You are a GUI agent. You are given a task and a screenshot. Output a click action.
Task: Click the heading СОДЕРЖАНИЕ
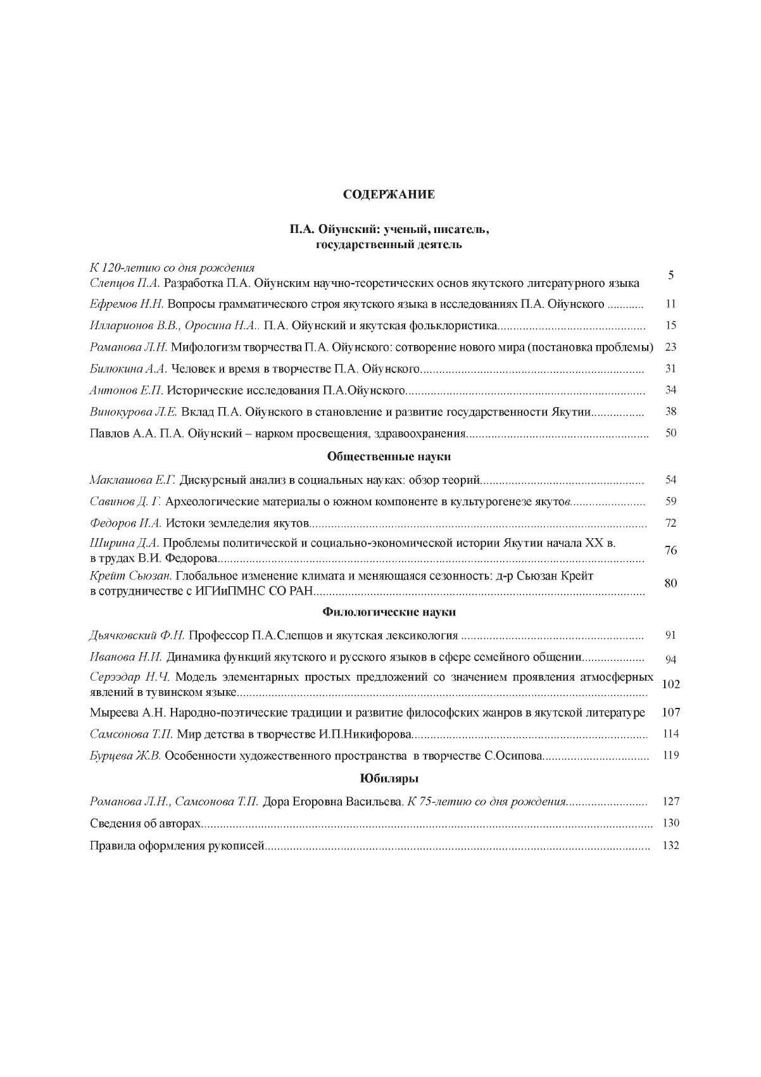389,194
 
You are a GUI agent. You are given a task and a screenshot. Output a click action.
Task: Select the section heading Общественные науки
389,457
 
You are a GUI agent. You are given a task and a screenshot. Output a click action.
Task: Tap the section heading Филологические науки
389,612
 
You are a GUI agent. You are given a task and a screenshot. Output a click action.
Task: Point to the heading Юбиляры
389,779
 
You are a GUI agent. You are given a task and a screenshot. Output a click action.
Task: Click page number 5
671,275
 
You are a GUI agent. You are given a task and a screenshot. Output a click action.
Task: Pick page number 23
671,347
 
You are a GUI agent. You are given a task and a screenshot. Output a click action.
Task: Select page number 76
671,550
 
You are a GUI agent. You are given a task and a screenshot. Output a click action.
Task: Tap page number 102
670,684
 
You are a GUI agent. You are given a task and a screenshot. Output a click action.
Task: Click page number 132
670,845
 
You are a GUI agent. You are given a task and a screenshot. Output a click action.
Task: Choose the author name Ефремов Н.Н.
127,305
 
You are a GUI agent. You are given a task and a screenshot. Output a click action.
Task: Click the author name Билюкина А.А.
128,369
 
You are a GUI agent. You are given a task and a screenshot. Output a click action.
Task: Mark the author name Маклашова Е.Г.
132,480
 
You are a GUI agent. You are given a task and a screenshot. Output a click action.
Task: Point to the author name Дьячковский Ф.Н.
137,635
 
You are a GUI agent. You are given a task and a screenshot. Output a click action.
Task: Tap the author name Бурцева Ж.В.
126,755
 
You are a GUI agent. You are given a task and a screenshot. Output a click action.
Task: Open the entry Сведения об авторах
146,823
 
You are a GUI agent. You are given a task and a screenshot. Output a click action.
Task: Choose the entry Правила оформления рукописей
176,845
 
